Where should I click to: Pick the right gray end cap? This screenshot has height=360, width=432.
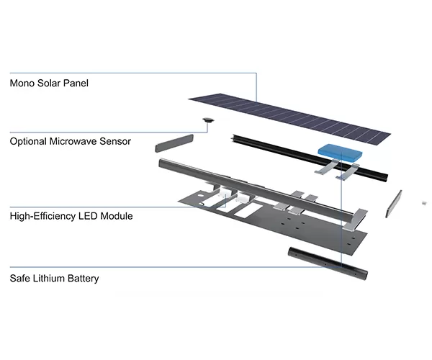[394, 204]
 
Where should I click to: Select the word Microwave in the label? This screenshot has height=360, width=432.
[77, 141]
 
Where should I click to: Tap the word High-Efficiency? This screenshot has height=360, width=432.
[44, 216]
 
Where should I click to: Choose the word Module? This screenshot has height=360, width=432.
[118, 216]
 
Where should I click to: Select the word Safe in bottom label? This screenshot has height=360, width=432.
[21, 278]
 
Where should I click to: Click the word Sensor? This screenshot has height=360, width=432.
[115, 141]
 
